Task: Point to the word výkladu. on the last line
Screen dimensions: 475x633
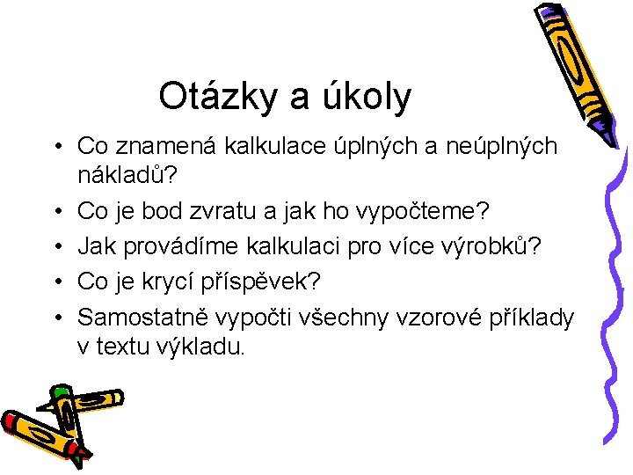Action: (200, 347)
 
